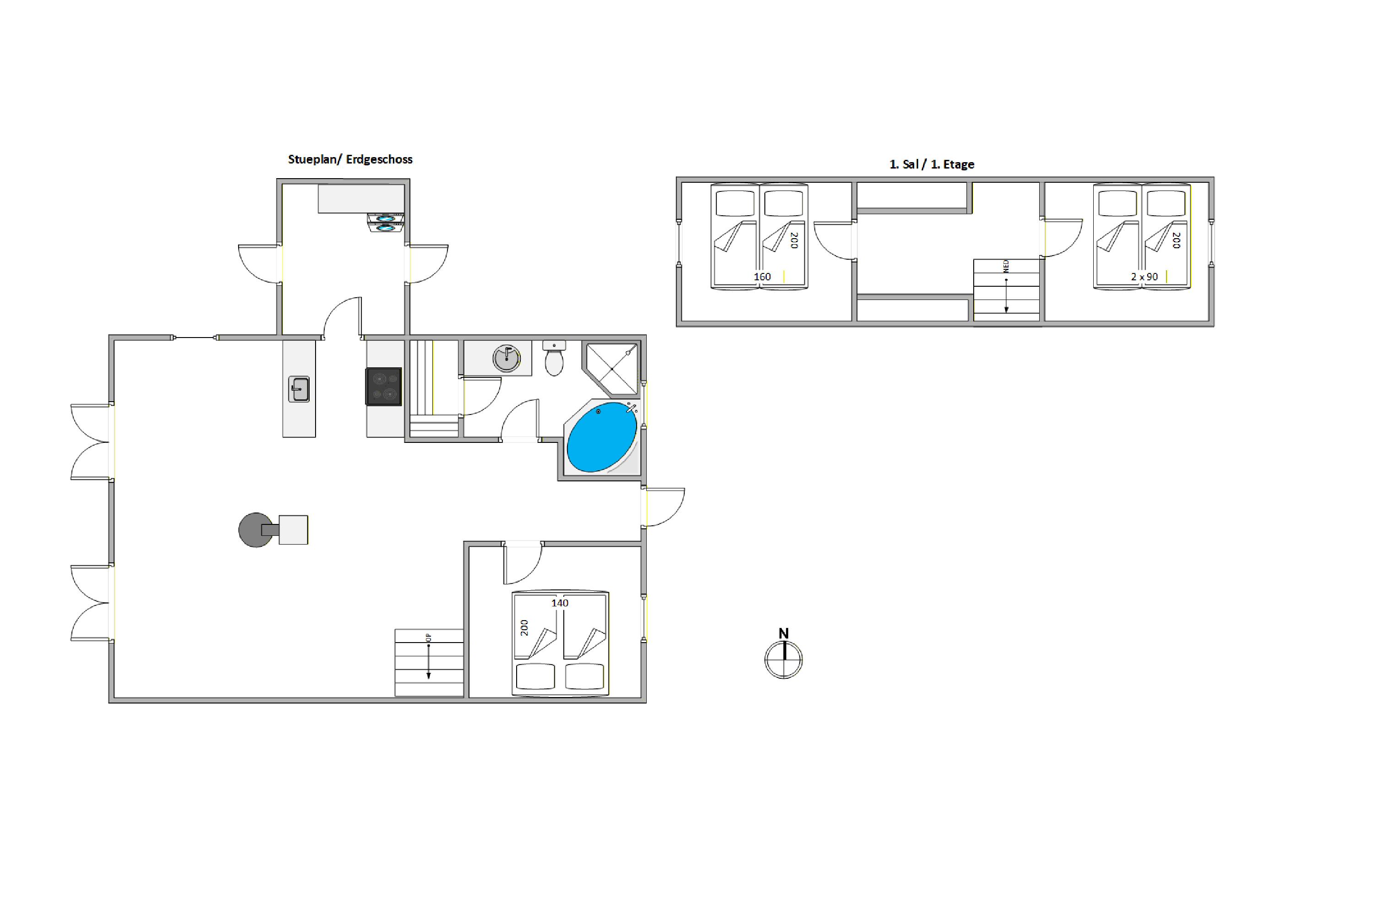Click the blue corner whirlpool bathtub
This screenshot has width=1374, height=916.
coord(602,437)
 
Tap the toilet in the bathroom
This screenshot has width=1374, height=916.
coord(554,358)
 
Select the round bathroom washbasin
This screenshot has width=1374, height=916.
coord(507,358)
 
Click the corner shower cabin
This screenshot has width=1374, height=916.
coord(611,369)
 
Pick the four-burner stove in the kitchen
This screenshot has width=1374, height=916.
coord(384,386)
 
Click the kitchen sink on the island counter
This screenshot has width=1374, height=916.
coord(299,389)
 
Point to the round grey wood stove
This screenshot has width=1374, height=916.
coord(256,530)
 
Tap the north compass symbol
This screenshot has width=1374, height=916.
coord(783,660)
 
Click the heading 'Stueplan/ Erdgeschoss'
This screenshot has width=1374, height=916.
coord(350,159)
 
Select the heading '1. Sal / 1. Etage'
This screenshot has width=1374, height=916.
coord(932,165)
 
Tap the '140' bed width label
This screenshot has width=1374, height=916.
coord(560,603)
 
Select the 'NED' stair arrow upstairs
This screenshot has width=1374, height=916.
coord(1006,286)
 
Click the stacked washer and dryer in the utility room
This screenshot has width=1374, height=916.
coord(386,223)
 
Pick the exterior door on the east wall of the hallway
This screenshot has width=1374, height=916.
coord(664,507)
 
